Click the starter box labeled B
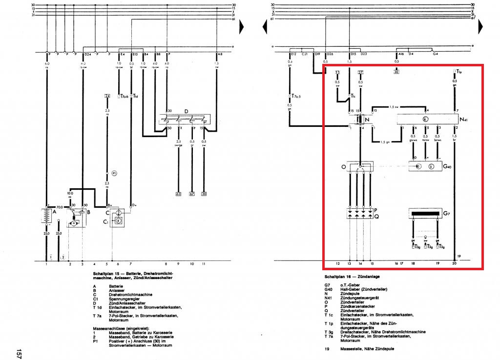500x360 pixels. pos(77,217)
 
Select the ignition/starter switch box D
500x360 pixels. pos(186,119)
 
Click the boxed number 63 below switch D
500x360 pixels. pos(178,194)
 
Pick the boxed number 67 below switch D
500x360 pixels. pos(191,194)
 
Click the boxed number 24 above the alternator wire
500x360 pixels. pos(107,96)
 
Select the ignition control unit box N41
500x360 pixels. pos(425,119)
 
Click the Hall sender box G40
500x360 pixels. pos(425,167)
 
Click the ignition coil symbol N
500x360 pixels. pos(360,119)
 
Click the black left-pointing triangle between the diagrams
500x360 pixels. pos(265,28)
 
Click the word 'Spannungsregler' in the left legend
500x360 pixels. pos(123,299)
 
